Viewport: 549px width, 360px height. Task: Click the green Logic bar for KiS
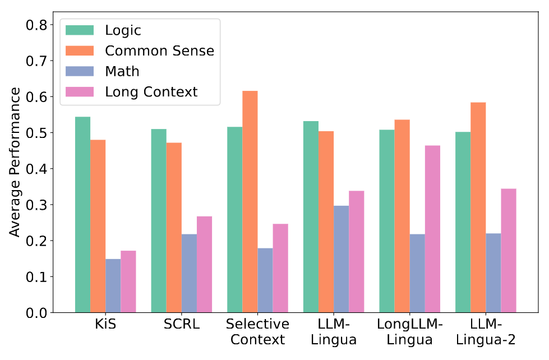click(x=82, y=215)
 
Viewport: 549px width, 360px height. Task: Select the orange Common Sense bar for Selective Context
click(x=250, y=202)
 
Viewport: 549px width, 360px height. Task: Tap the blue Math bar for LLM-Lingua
click(x=341, y=259)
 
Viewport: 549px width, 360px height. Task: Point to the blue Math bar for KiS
click(x=113, y=285)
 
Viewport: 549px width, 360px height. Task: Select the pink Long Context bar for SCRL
click(x=204, y=264)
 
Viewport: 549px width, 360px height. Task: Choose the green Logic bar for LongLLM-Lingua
click(x=387, y=221)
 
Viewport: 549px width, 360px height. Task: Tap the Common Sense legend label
click(x=159, y=51)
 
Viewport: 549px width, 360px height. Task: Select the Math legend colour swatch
click(x=80, y=71)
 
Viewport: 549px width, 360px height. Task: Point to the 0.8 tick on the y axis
click(x=37, y=25)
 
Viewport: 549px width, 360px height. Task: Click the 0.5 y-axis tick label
click(x=37, y=133)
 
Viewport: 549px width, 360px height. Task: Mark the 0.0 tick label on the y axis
click(x=37, y=312)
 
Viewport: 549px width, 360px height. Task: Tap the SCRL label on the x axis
click(x=182, y=325)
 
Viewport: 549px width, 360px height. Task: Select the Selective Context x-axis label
click(x=257, y=332)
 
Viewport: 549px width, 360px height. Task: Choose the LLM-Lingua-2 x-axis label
click(x=486, y=332)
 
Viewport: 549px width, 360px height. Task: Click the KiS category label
click(x=105, y=325)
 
